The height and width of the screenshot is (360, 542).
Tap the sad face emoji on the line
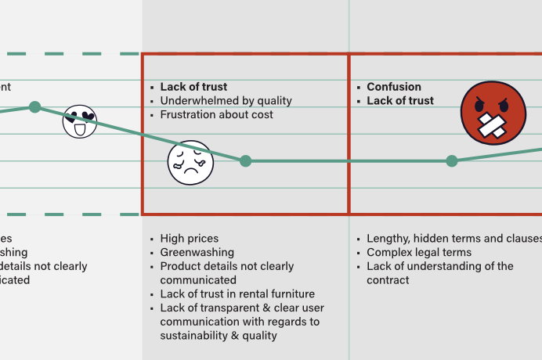[x=190, y=162]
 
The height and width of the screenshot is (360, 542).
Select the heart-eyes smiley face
[x=79, y=121]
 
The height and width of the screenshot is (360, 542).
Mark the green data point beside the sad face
[x=245, y=161]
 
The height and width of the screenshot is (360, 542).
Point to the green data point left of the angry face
[x=451, y=161]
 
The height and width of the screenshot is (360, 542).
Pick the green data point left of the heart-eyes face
[x=34, y=106]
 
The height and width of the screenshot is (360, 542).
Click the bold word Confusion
[x=393, y=87]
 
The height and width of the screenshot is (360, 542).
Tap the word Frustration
[x=189, y=115]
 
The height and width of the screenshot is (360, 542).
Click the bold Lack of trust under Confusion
[x=399, y=101]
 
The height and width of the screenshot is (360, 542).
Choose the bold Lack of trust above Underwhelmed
[x=193, y=87]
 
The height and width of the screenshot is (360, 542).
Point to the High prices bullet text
[x=189, y=239]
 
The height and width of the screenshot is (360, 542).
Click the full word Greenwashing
[x=197, y=253]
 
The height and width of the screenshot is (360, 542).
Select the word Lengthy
[x=388, y=239]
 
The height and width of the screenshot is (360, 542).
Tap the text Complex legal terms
[x=418, y=253]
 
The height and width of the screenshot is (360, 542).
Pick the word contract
[x=388, y=280]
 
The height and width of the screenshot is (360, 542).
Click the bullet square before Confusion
[x=358, y=88]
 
